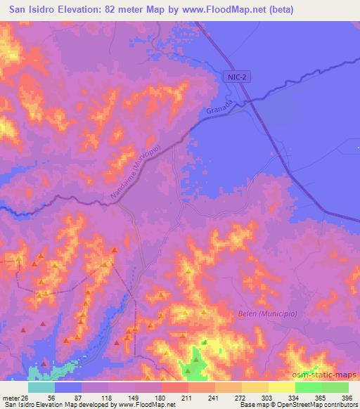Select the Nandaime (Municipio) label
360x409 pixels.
click(136, 171)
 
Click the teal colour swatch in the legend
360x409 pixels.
click(41, 387)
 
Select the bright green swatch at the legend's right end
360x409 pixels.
click(335, 387)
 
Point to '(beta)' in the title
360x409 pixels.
click(278, 10)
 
